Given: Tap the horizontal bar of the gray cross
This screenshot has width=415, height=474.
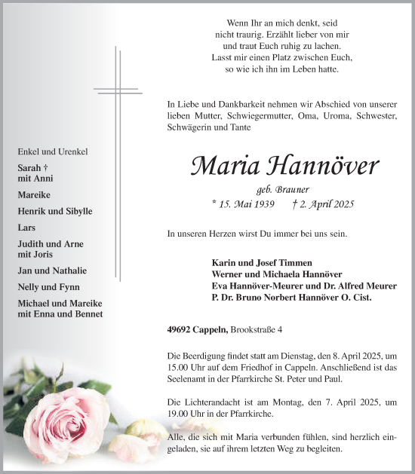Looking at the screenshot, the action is (x=117, y=90).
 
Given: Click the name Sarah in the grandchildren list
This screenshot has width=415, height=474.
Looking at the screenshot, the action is (x=29, y=168).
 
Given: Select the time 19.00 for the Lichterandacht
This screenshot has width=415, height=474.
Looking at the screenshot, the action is (x=179, y=414).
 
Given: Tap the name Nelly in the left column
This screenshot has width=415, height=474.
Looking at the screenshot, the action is (x=29, y=287).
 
